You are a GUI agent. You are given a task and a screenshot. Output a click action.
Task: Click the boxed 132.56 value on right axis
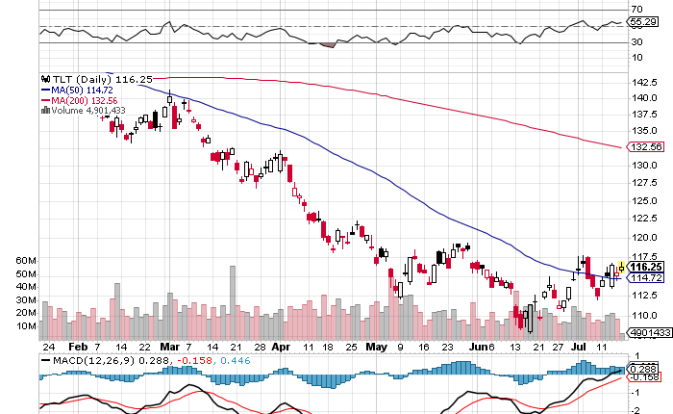click(x=642, y=147)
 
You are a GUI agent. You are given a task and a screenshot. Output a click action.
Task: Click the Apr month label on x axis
click(x=280, y=346)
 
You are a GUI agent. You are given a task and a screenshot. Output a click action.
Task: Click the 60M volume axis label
click(x=26, y=261)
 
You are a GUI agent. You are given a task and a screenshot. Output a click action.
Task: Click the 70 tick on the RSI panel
click(x=636, y=9)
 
